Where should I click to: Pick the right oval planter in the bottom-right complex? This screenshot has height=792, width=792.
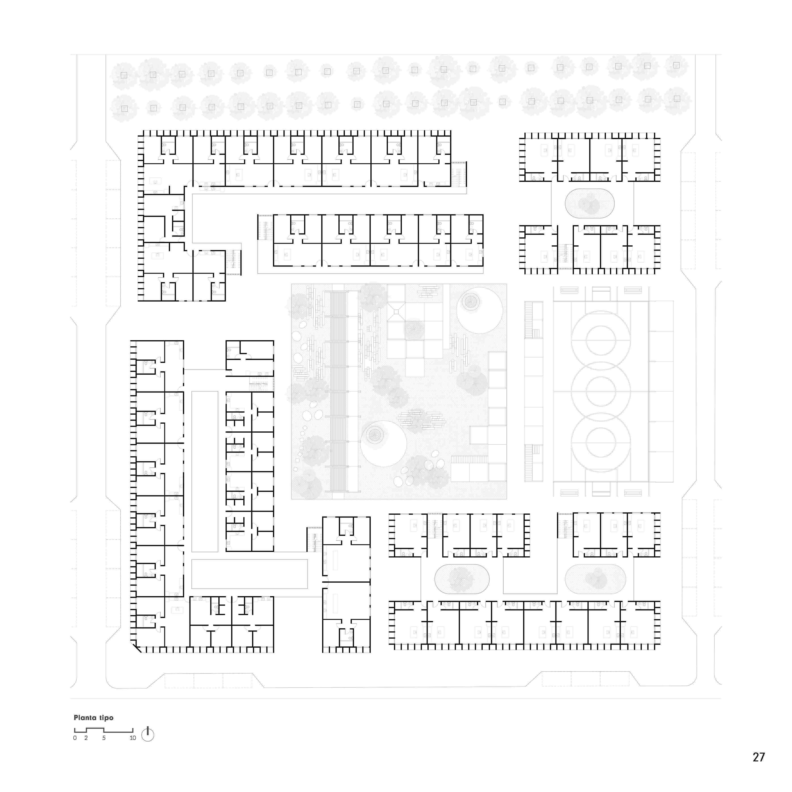tap(595, 579)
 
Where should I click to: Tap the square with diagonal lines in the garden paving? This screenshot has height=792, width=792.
tap(396, 312)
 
